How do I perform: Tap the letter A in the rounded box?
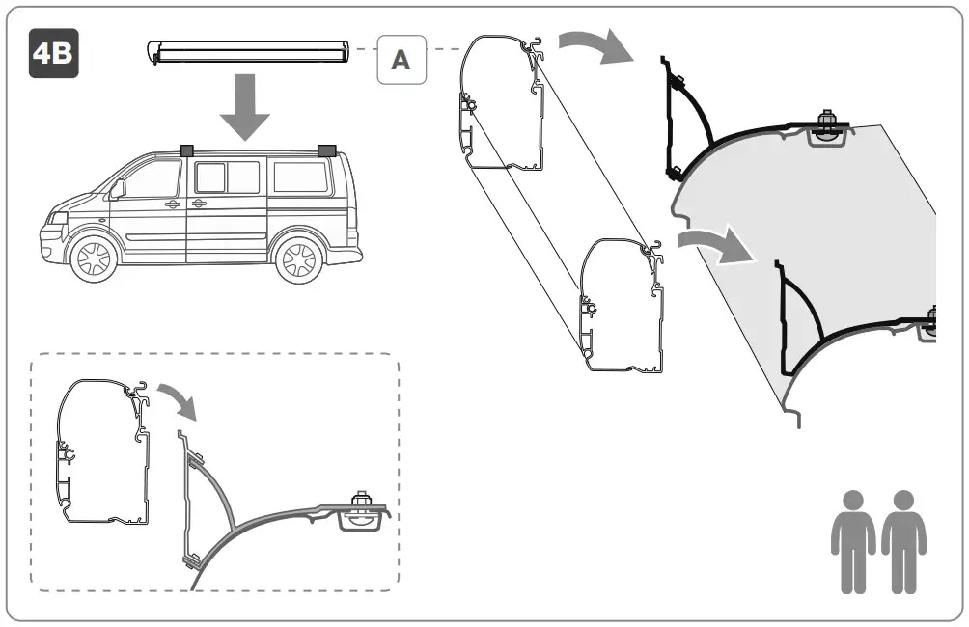[401, 60]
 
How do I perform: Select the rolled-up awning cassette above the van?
[251, 51]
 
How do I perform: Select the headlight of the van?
[55, 219]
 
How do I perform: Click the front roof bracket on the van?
[186, 150]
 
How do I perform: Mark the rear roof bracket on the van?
[324, 150]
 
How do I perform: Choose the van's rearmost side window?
[300, 177]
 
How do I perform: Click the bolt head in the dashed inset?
[364, 501]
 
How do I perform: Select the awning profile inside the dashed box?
[104, 450]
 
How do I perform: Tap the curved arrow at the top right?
[593, 44]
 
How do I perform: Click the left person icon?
[853, 539]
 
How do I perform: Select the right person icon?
[903, 539]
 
